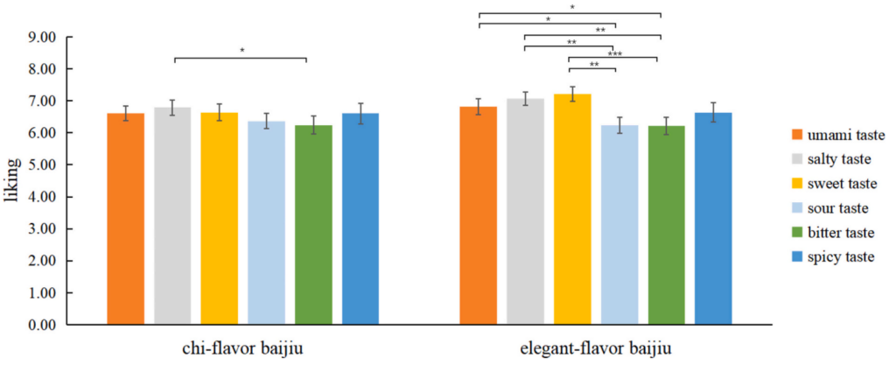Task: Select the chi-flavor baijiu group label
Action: (x=242, y=349)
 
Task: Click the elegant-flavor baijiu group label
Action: (x=596, y=349)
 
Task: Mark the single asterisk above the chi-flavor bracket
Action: (x=241, y=52)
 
